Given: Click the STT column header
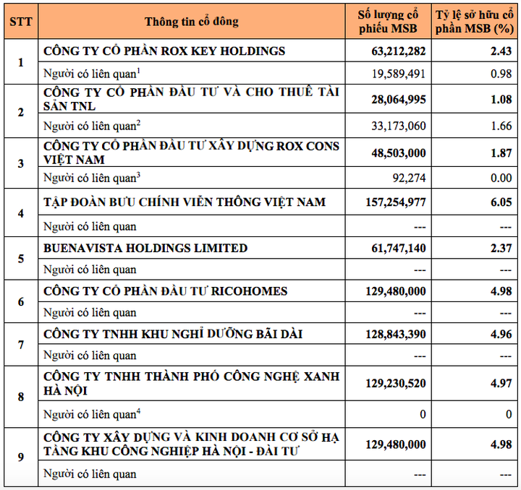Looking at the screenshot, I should click(x=20, y=21).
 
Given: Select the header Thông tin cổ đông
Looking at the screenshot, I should click(x=191, y=21).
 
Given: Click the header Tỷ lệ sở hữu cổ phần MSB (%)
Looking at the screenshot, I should click(x=474, y=21).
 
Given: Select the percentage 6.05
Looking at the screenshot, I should click(x=500, y=202).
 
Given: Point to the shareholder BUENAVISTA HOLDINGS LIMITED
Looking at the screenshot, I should click(x=145, y=249).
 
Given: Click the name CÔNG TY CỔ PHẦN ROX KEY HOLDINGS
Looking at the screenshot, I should click(x=164, y=51).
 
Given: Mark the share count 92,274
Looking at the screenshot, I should click(x=408, y=177).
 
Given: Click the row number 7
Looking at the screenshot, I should click(x=20, y=344).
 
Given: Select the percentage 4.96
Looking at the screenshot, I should click(x=500, y=334).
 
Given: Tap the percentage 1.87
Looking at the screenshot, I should click(x=500, y=152).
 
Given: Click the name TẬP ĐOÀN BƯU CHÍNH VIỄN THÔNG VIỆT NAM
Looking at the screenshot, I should click(x=185, y=202).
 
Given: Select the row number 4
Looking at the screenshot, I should click(x=20, y=213).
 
